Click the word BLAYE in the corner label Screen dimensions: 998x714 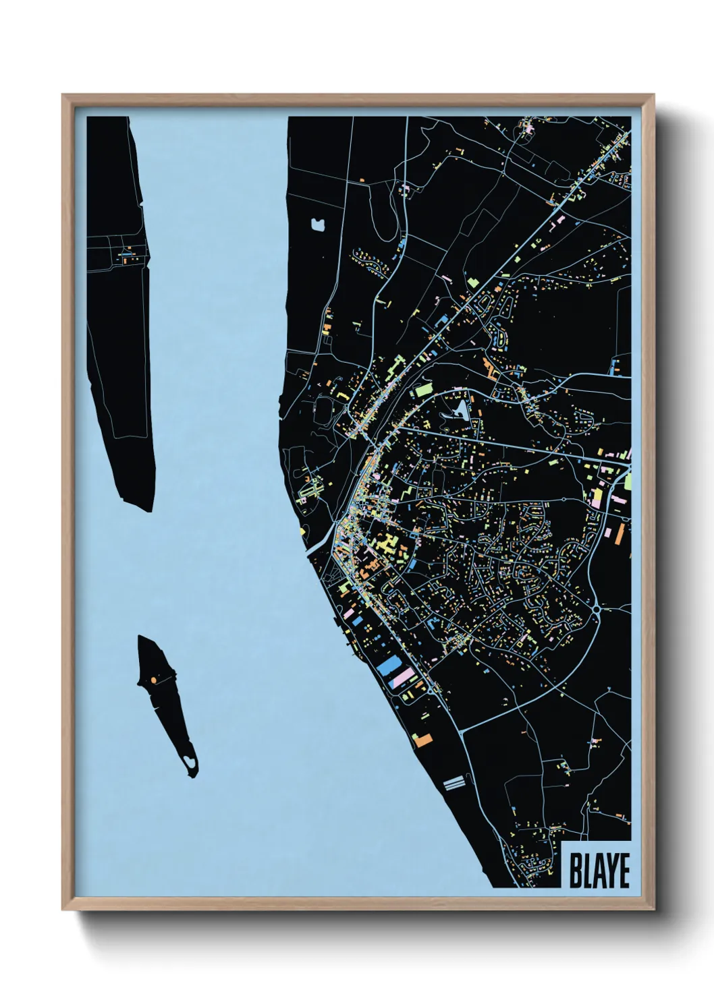pos(599,871)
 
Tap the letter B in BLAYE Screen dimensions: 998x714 pos(576,871)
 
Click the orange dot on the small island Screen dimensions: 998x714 pos(154,680)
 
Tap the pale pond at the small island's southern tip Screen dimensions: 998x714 pos(191,763)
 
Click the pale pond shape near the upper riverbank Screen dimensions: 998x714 pos(317,223)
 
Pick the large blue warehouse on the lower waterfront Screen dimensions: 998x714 pos(387,666)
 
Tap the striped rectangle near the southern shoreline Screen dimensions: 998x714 pos(454,782)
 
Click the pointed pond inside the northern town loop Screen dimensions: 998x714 pos(460,409)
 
